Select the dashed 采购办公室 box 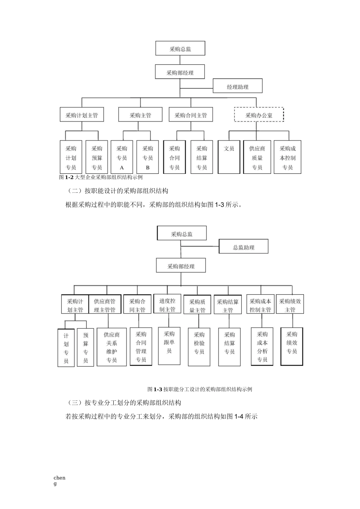(259, 115)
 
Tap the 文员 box (229, 157)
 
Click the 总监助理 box (243, 247)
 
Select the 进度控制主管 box (167, 304)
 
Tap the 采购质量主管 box (197, 305)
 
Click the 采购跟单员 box (169, 346)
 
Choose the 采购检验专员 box (199, 347)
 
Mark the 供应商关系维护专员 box (111, 347)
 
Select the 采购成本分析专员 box (262, 347)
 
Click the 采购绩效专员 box (292, 347)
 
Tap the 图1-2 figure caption (101, 177)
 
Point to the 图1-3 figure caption (200, 389)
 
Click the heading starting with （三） (123, 403)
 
